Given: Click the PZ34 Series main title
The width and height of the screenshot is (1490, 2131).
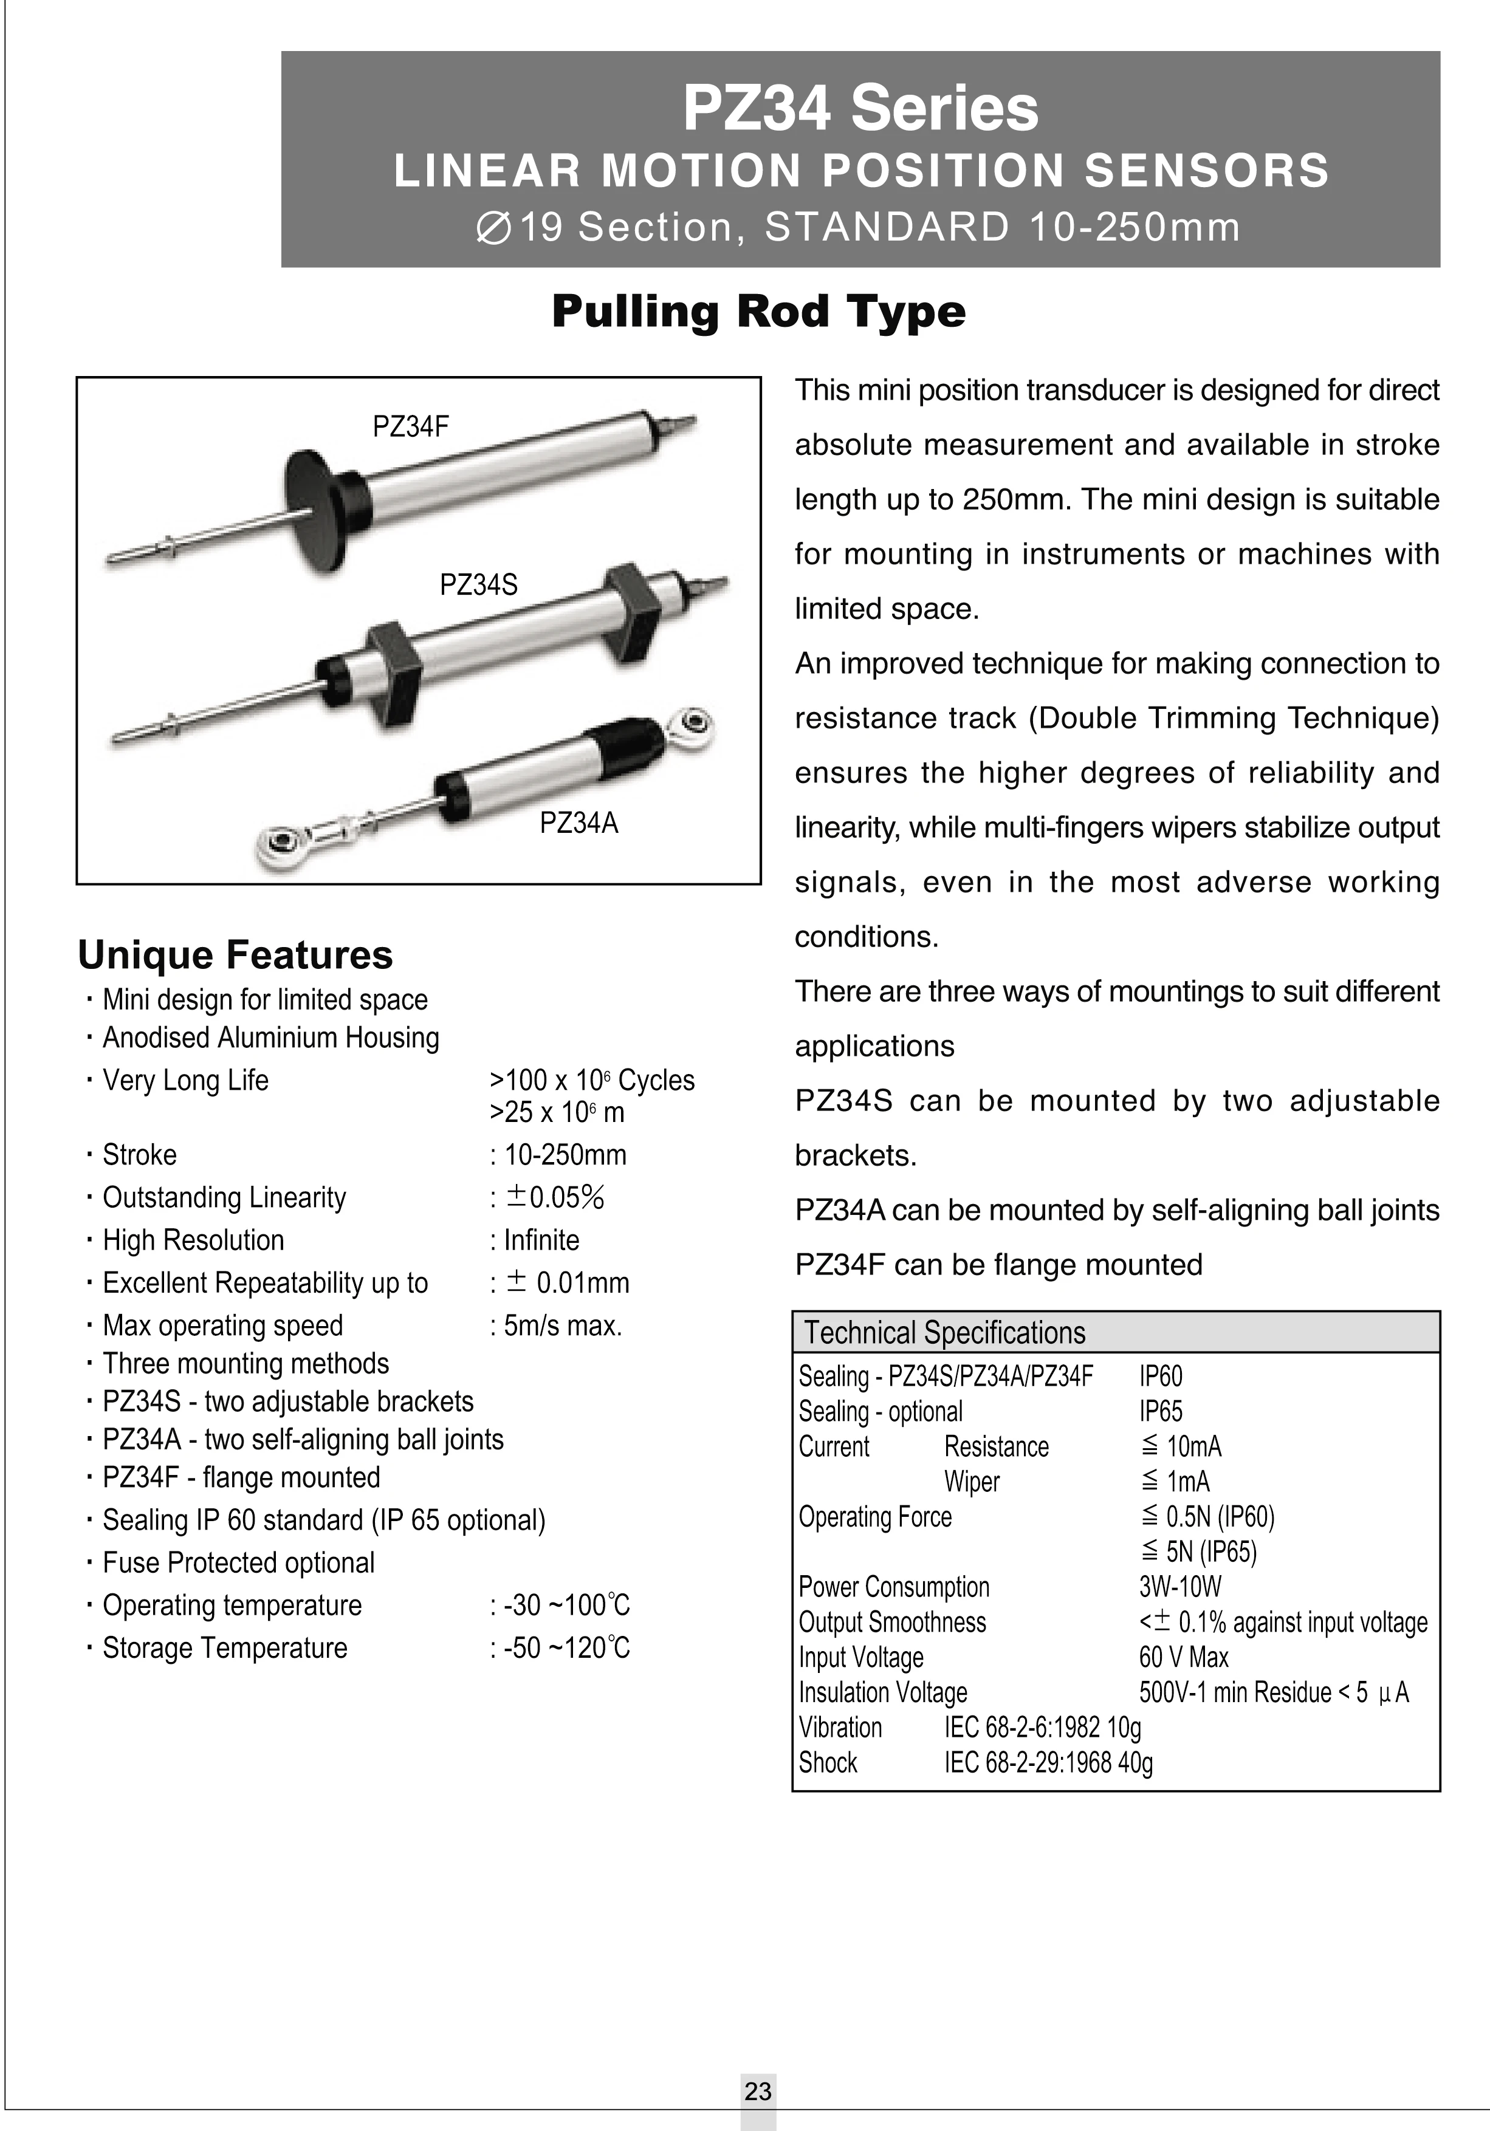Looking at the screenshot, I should (860, 109).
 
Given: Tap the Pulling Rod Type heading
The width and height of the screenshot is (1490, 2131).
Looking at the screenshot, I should (758, 311).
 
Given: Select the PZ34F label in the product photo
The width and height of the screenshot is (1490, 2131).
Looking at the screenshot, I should (410, 427).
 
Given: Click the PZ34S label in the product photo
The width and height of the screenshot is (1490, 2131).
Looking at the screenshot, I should (478, 585).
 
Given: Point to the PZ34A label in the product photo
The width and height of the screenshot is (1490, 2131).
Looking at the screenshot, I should (578, 823).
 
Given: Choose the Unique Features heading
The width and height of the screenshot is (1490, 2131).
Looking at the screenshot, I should (235, 955).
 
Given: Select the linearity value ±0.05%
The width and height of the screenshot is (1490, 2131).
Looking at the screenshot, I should (554, 1197).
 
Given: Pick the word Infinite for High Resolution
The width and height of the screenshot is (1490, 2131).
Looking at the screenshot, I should (541, 1240).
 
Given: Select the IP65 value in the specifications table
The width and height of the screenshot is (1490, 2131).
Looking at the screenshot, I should (1161, 1412).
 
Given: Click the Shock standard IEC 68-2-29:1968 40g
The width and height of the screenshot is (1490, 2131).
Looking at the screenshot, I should (1048, 1762).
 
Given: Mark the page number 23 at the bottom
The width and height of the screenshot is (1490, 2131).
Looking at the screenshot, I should (758, 2091).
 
